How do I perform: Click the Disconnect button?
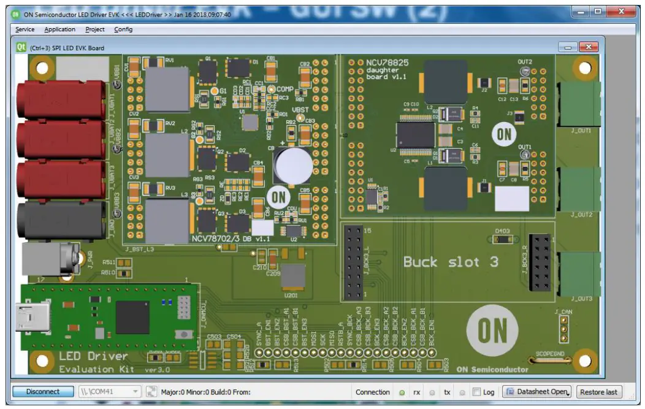click(43, 392)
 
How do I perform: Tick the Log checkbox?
click(476, 392)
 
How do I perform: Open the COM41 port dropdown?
click(135, 392)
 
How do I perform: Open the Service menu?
click(25, 29)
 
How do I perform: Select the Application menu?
click(60, 29)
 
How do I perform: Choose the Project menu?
click(95, 29)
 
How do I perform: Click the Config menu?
click(123, 29)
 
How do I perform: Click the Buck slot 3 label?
click(451, 262)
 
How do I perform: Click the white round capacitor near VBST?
click(292, 165)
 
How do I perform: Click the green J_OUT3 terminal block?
click(579, 275)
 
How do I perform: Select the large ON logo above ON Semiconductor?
click(493, 331)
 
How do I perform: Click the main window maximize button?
click(598, 12)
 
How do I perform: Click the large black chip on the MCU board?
click(132, 317)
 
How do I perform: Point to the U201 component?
click(294, 277)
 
